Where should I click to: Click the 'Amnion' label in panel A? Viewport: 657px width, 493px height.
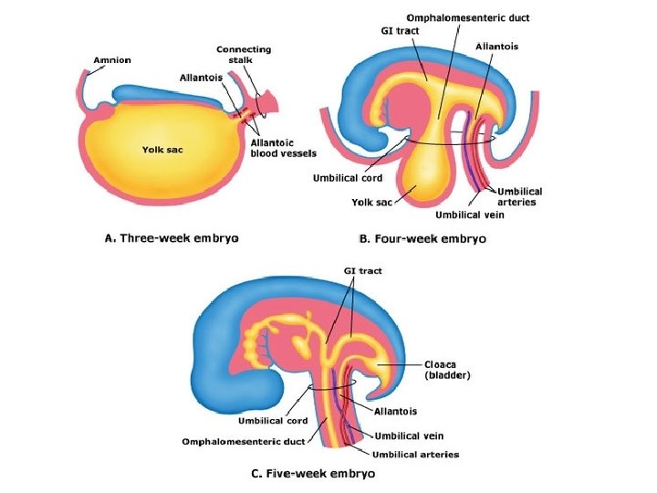point(112,60)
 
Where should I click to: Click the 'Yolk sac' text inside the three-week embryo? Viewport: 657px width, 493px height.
point(161,149)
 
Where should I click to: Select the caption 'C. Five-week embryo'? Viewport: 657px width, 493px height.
point(313,474)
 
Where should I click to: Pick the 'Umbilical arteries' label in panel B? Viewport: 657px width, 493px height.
point(520,196)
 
